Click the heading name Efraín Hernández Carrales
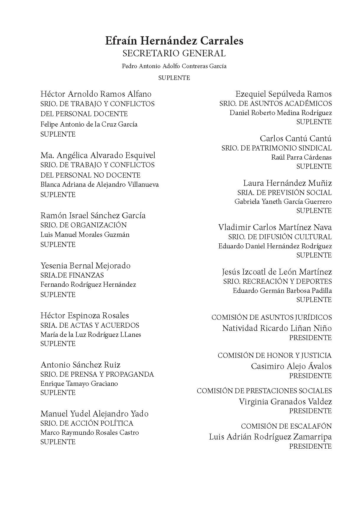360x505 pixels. [x=174, y=41]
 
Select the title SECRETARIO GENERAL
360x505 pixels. [x=174, y=53]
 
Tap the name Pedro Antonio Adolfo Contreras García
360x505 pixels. [x=174, y=66]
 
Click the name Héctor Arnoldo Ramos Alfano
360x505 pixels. [x=96, y=94]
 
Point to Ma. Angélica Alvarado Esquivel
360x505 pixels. [x=98, y=155]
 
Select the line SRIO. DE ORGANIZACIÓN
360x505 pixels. [x=84, y=225]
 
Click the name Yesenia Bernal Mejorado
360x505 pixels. [x=85, y=266]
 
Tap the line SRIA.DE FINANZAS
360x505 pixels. [x=72, y=275]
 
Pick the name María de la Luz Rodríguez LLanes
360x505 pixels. [x=91, y=335]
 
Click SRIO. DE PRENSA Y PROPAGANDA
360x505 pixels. [x=97, y=374]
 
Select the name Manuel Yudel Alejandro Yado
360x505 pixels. [x=94, y=414]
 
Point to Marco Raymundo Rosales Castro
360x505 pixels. [x=89, y=433]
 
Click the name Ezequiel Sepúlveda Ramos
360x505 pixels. [x=284, y=94]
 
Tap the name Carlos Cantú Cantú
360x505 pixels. [x=296, y=139]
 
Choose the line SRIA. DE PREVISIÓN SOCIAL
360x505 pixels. [x=284, y=193]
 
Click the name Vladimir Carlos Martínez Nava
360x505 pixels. [x=275, y=227]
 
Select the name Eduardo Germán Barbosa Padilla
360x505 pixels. [x=282, y=291]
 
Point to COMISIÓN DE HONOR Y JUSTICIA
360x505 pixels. [x=275, y=355]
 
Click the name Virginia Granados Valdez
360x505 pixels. [x=285, y=401]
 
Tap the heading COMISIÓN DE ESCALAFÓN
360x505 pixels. [x=286, y=426]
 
